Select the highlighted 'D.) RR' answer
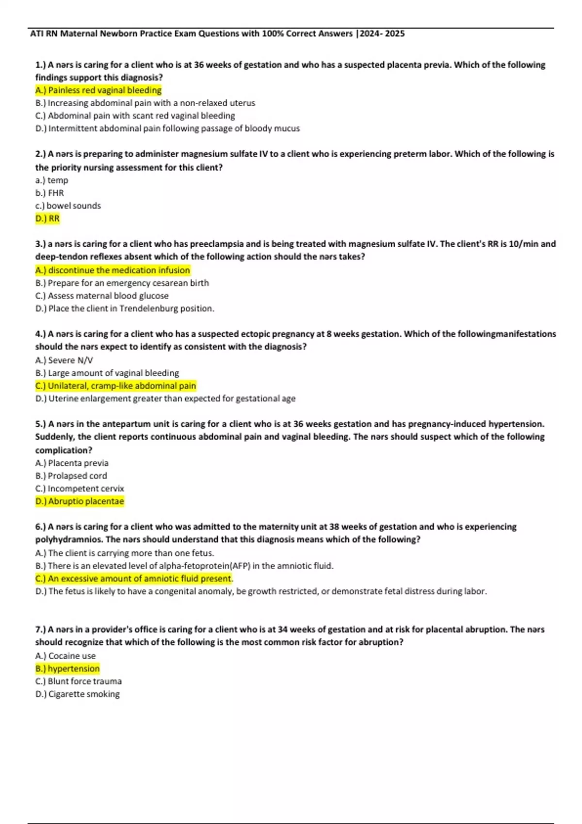(x=48, y=219)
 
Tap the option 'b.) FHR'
(x=49, y=193)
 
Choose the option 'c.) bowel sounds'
(x=68, y=206)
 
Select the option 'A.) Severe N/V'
(x=64, y=360)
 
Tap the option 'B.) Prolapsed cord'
(x=71, y=476)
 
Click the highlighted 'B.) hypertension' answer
(x=67, y=668)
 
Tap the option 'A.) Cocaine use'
(x=65, y=656)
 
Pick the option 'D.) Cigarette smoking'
(x=78, y=694)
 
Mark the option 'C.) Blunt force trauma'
(x=79, y=681)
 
